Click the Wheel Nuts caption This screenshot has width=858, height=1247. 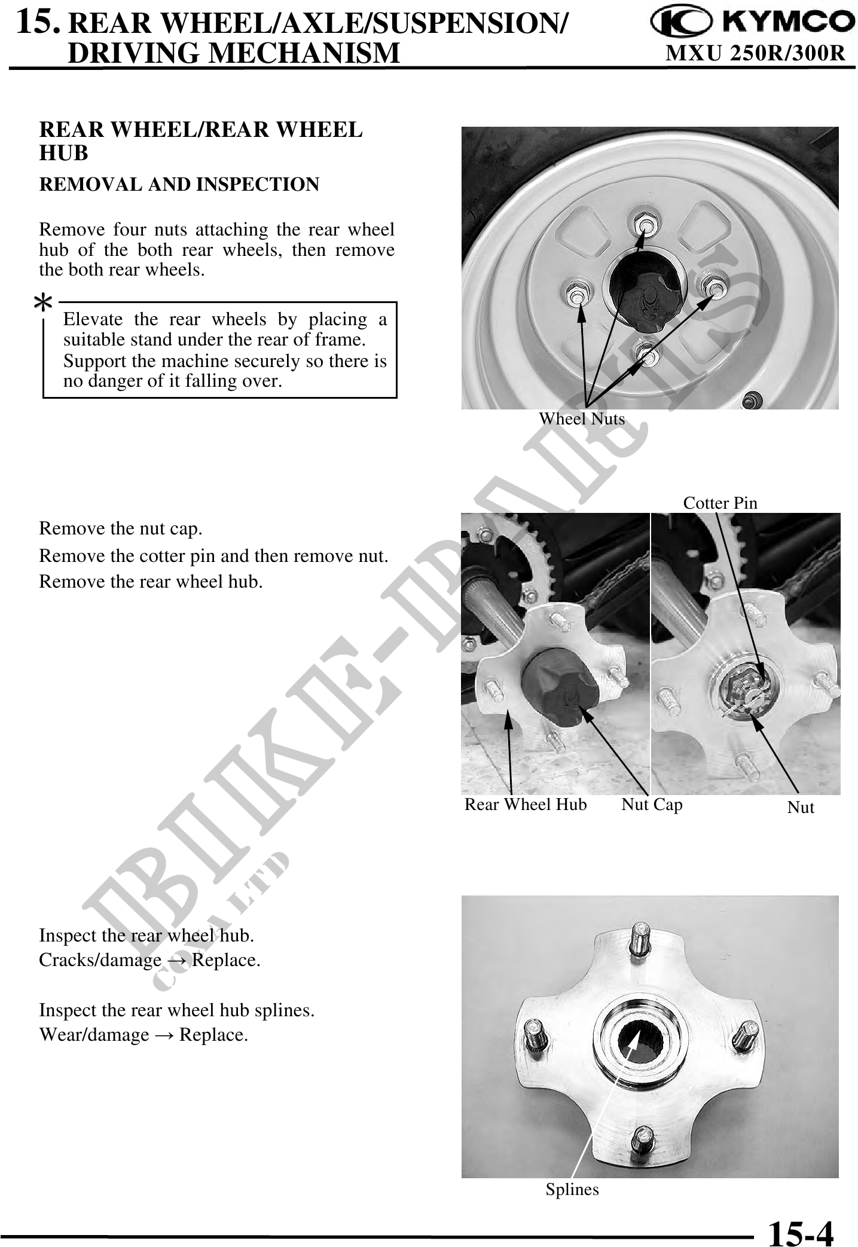[582, 418]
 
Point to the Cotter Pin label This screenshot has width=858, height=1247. [720, 503]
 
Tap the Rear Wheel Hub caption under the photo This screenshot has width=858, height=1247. [526, 805]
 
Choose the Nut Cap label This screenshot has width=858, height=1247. [652, 805]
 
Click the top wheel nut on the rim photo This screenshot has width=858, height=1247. [644, 225]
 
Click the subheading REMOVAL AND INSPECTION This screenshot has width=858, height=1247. [179, 184]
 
